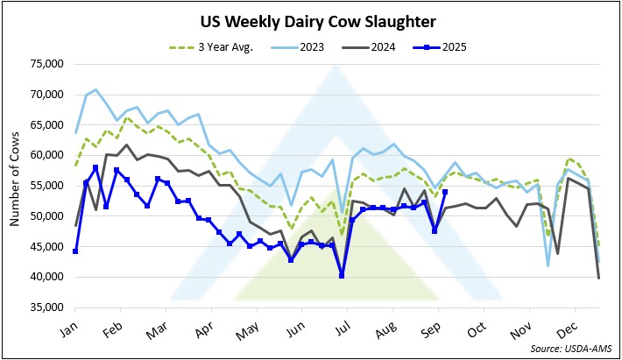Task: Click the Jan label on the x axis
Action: coord(75,322)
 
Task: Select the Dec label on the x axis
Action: coord(575,322)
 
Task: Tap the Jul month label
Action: coord(348,322)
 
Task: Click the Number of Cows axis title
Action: coord(16,186)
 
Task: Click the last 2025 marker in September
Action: coord(445,192)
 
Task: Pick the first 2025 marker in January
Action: coord(75,251)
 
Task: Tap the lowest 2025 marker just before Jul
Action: coord(342,276)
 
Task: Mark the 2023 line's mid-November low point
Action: coord(548,265)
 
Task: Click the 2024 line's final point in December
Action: coord(598,278)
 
